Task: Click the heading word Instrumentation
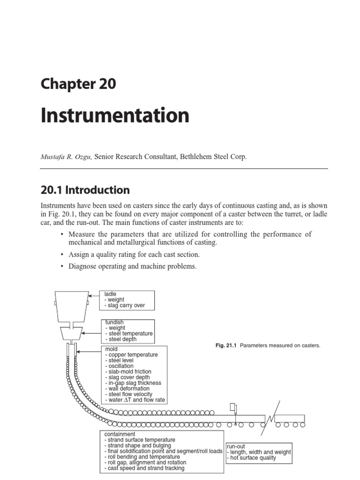pyautogui.click(x=115, y=116)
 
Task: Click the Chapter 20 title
pyautogui.click(x=78, y=84)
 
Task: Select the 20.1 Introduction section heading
pyautogui.click(x=85, y=190)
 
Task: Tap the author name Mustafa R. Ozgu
pyautogui.click(x=66, y=157)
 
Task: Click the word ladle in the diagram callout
pyautogui.click(x=111, y=294)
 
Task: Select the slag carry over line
pyautogui.click(x=125, y=306)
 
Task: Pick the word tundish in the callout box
pyautogui.click(x=114, y=322)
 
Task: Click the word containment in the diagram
pyautogui.click(x=120, y=435)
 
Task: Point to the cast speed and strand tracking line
pyautogui.click(x=144, y=468)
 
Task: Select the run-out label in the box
pyautogui.click(x=236, y=446)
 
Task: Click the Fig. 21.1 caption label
pyautogui.click(x=225, y=345)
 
